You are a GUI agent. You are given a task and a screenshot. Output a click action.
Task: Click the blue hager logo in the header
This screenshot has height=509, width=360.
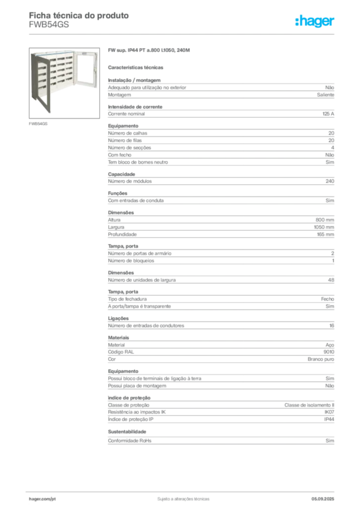pos(315,22)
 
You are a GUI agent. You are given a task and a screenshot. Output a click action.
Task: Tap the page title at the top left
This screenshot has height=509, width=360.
pos(80,15)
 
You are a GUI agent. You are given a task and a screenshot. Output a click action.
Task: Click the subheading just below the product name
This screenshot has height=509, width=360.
pos(137,67)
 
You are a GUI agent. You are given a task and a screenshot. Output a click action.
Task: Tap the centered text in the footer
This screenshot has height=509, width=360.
pos(182,498)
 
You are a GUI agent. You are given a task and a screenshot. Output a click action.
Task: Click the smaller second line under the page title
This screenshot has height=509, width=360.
pos(50,28)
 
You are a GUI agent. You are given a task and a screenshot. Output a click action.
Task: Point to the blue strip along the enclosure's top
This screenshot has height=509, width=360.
pos(65,51)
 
